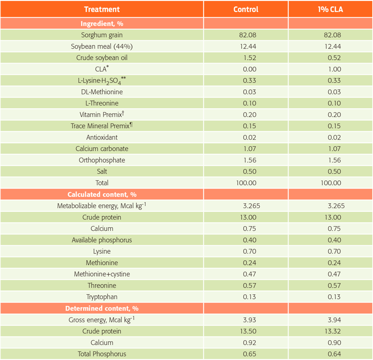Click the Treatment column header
[102, 9]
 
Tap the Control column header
[246, 9]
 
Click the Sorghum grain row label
[102, 35]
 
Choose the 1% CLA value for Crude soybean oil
[334, 58]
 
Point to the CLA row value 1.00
[334, 69]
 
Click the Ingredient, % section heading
[102, 24]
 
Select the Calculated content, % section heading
[102, 195]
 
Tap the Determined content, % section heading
[102, 308]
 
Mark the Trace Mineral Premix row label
[102, 126]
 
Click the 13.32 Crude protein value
[334, 331]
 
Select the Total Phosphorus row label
[102, 354]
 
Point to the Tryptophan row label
[102, 297]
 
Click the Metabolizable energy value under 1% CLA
[336, 206]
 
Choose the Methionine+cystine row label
[102, 274]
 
